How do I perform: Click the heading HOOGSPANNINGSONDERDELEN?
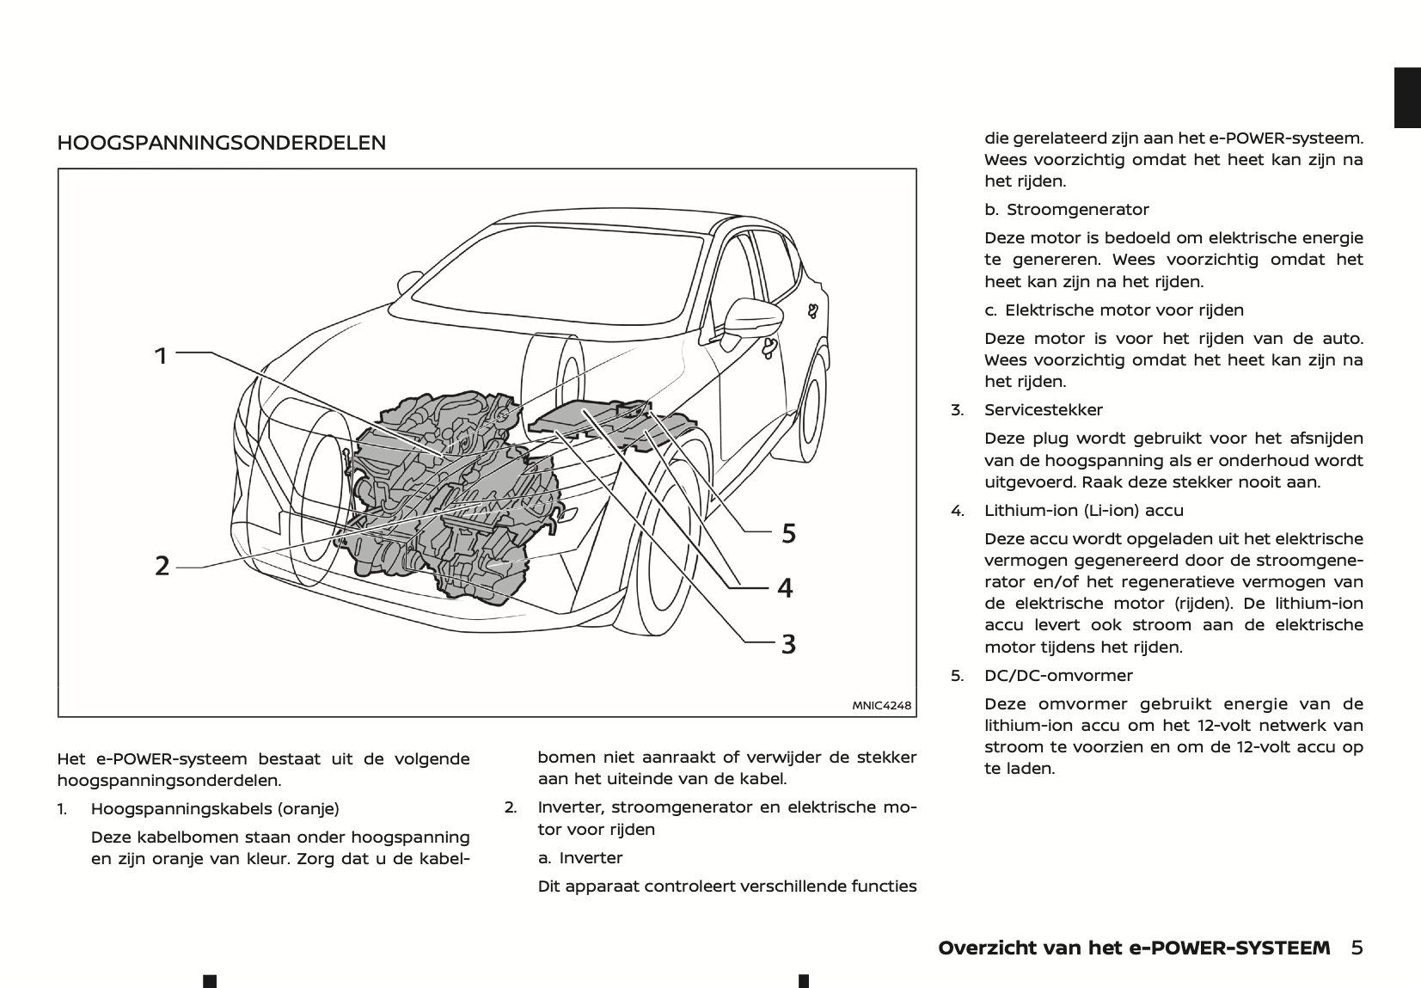221,143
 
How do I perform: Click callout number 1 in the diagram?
161,355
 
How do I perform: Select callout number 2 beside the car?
162,566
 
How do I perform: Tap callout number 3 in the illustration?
787,643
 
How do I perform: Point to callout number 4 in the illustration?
785,588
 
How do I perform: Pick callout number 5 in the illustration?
788,534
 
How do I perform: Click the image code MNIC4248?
881,705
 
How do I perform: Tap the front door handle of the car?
770,347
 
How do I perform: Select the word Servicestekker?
1044,410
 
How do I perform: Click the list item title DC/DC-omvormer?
1058,676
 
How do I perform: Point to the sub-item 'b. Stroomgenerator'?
1066,210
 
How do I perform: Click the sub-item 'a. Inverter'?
580,858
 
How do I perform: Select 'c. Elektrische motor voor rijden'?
1114,310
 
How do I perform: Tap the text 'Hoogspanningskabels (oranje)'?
215,809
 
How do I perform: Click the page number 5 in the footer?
1357,948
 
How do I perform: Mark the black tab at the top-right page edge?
1407,97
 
